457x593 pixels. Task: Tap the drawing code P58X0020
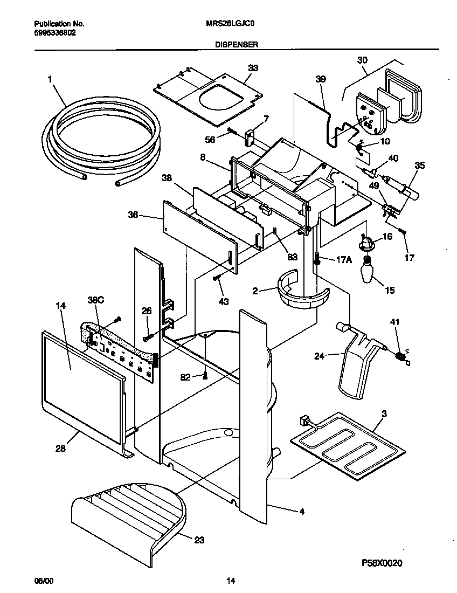pos(382,563)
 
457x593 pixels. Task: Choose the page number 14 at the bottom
pos(231,581)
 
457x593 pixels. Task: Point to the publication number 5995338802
pos(54,32)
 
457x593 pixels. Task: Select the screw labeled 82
pos(205,376)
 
